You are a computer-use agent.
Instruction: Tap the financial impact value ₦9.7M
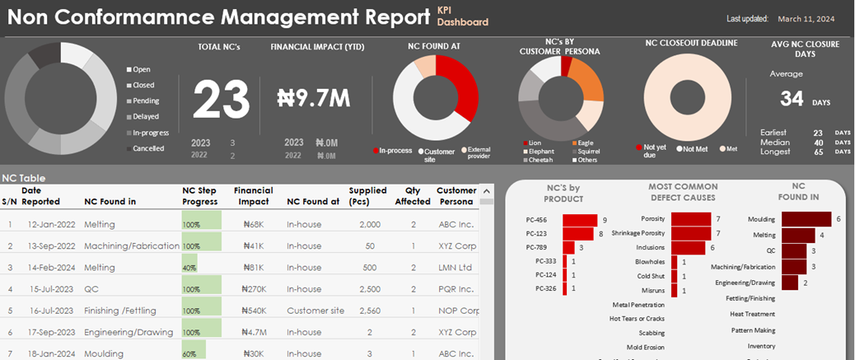[314, 99]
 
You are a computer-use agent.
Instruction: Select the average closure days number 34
[792, 99]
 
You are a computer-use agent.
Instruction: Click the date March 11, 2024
[806, 18]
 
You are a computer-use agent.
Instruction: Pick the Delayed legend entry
[145, 117]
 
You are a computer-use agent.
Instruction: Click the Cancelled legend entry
[148, 148]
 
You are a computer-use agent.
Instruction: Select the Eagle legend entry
[585, 143]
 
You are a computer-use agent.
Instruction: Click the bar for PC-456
[580, 220]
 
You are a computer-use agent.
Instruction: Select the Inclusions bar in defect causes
[688, 247]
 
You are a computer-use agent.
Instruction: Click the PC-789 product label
[547, 247]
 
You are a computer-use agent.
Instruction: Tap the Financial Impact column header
[253, 196]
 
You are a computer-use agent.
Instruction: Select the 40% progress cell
[190, 268]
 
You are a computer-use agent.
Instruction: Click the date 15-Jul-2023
[52, 289]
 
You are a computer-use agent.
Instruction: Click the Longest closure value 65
[817, 152]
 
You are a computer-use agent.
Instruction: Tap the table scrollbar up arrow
[486, 191]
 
